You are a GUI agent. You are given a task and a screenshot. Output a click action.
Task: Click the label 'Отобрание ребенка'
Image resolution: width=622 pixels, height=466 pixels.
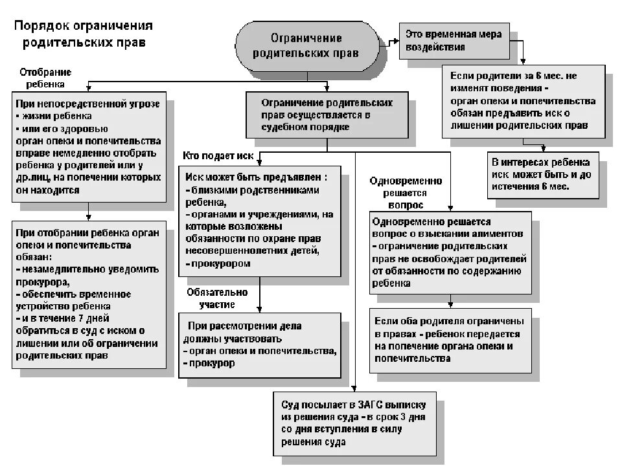[x=45, y=78]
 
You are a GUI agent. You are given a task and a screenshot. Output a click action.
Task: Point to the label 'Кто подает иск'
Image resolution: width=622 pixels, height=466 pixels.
[x=218, y=157]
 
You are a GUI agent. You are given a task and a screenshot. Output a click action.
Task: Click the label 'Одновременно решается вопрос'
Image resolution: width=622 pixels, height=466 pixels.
[x=406, y=193]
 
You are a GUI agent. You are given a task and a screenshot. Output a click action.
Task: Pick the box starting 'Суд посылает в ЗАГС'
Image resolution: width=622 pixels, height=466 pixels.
[x=354, y=423]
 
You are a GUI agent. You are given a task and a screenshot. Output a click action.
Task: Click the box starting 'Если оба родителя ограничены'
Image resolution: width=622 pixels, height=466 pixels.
[x=450, y=339]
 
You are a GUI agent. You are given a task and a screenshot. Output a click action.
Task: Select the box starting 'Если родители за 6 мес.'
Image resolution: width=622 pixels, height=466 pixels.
[x=524, y=100]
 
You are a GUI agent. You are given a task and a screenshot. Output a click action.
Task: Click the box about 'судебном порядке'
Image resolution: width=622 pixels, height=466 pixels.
[x=327, y=115]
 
